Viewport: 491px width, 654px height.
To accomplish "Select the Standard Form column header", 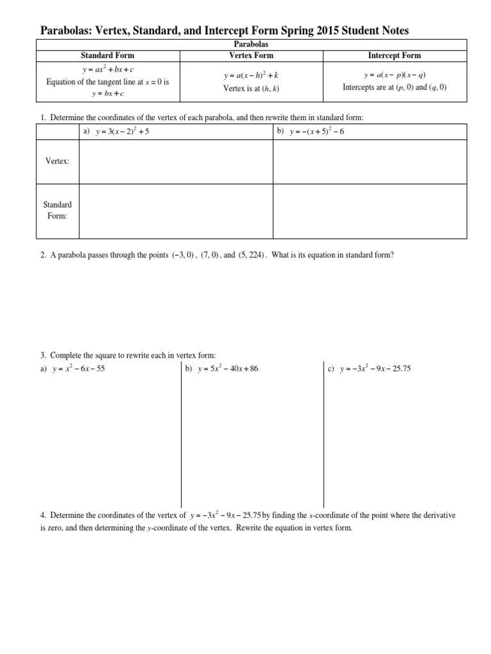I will coord(107,56).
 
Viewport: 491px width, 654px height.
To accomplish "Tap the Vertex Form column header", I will coord(251,56).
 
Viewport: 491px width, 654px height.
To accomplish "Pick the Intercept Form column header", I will coord(394,56).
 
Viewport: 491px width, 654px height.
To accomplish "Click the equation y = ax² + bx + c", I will coord(107,70).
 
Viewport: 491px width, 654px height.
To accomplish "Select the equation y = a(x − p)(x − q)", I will coord(394,75).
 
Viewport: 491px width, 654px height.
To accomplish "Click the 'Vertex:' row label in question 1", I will coord(57,162).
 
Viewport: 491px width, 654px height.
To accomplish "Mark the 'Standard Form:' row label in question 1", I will coord(57,210).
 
